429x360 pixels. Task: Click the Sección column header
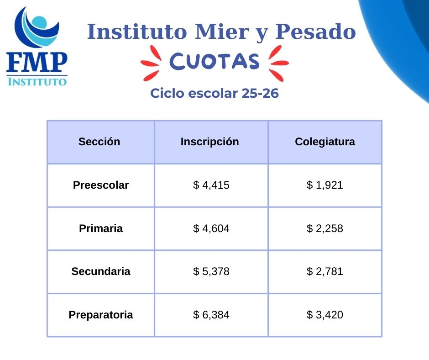[99, 142]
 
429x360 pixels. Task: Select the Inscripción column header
[210, 142]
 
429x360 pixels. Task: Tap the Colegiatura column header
[325, 142]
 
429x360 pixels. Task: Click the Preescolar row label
[101, 185]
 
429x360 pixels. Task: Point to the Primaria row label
[101, 228]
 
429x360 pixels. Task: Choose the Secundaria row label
[101, 271]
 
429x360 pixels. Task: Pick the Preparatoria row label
[101, 314]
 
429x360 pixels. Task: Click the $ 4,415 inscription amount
[211, 185]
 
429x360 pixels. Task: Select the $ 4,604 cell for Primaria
[211, 228]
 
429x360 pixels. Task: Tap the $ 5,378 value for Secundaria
[211, 271]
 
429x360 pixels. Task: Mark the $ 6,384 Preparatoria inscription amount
[211, 314]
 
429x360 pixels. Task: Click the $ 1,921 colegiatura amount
[325, 185]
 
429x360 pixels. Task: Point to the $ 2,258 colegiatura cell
[325, 228]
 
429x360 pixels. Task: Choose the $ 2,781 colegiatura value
[325, 271]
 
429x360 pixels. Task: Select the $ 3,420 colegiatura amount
[325, 314]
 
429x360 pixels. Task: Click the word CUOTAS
[214, 61]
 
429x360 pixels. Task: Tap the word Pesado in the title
[315, 32]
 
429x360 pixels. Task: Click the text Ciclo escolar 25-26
[214, 93]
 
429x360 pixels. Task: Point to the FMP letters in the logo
[37, 62]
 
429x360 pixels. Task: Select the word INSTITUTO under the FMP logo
[37, 82]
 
